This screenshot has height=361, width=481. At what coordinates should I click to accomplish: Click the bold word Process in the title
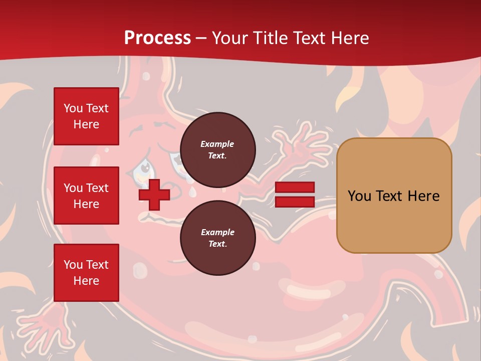click(x=157, y=38)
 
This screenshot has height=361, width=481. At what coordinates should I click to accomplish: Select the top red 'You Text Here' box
click(x=86, y=116)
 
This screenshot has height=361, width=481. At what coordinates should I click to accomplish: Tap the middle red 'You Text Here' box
click(x=86, y=196)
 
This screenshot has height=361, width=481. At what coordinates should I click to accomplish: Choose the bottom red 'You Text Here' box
click(x=86, y=272)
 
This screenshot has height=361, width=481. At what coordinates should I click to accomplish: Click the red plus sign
click(x=154, y=194)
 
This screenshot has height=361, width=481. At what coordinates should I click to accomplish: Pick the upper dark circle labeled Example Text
click(x=217, y=149)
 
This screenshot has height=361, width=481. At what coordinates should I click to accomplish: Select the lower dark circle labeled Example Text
click(x=217, y=238)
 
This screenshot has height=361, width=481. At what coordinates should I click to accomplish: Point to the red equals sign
click(x=295, y=195)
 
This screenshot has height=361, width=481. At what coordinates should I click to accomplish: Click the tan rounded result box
click(x=394, y=196)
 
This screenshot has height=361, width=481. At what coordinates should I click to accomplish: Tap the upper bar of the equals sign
click(x=295, y=188)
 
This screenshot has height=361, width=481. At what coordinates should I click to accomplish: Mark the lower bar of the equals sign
click(x=295, y=202)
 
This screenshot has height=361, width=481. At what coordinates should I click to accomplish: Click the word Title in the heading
click(x=270, y=38)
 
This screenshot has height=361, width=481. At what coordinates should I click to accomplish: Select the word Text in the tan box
click(x=394, y=196)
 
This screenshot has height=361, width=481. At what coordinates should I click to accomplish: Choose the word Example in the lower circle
click(x=217, y=232)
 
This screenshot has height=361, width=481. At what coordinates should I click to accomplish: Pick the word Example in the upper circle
click(x=217, y=144)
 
